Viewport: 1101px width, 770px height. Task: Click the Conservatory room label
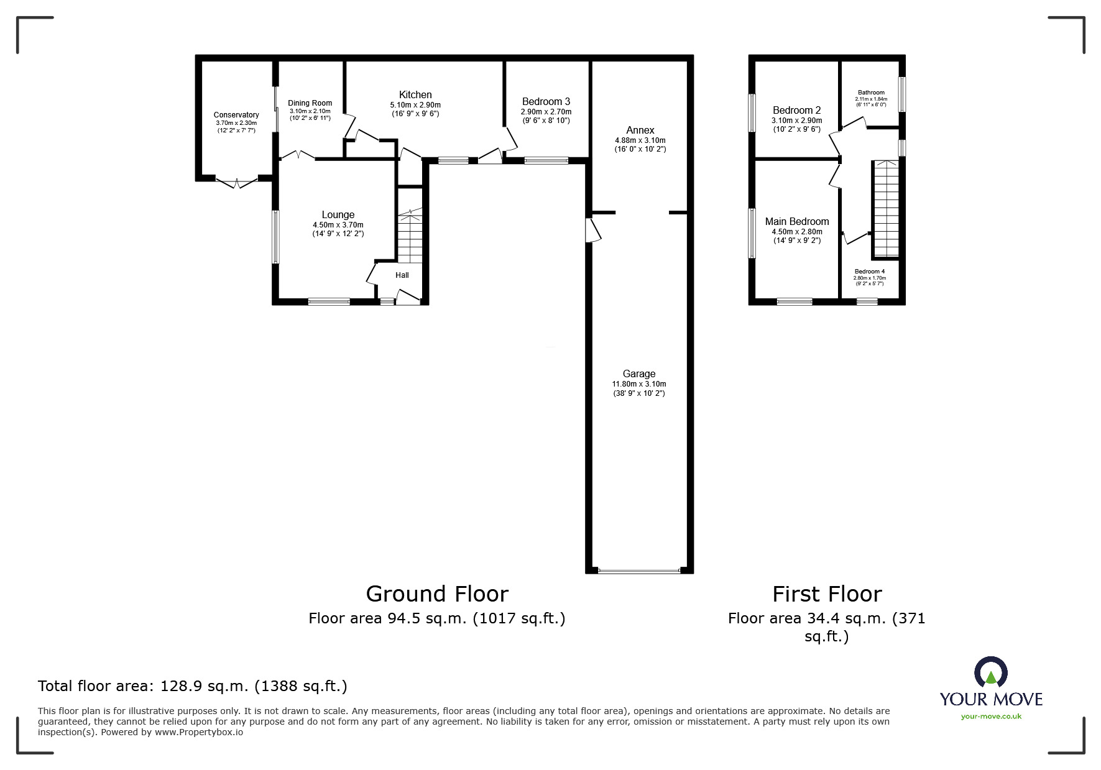coord(236,115)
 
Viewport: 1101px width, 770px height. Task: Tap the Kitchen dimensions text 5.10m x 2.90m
coord(415,105)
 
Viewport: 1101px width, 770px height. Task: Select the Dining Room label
coord(310,103)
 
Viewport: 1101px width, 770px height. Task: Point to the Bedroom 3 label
coord(546,101)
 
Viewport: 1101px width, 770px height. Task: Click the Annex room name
coord(640,130)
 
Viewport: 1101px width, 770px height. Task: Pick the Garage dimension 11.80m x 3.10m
coord(639,384)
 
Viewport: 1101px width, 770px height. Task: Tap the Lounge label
coord(338,215)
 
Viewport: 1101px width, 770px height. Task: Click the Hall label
coord(402,275)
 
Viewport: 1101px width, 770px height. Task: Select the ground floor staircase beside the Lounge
coord(410,236)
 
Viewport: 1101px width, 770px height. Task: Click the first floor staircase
coord(885,208)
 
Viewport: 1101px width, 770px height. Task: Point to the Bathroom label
coord(870,93)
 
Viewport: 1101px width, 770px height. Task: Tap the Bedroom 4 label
coord(869,272)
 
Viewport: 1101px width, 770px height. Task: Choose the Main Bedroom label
coord(796,222)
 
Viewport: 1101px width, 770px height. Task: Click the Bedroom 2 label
coord(796,111)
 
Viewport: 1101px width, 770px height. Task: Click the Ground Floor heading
coord(437,594)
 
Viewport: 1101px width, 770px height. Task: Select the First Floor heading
coord(826,594)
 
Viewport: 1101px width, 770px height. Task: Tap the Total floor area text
coord(193,686)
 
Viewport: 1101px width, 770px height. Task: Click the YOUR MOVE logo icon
coord(990,673)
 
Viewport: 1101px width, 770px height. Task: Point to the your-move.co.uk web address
coord(991,717)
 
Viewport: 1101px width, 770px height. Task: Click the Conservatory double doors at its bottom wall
coord(237,181)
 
